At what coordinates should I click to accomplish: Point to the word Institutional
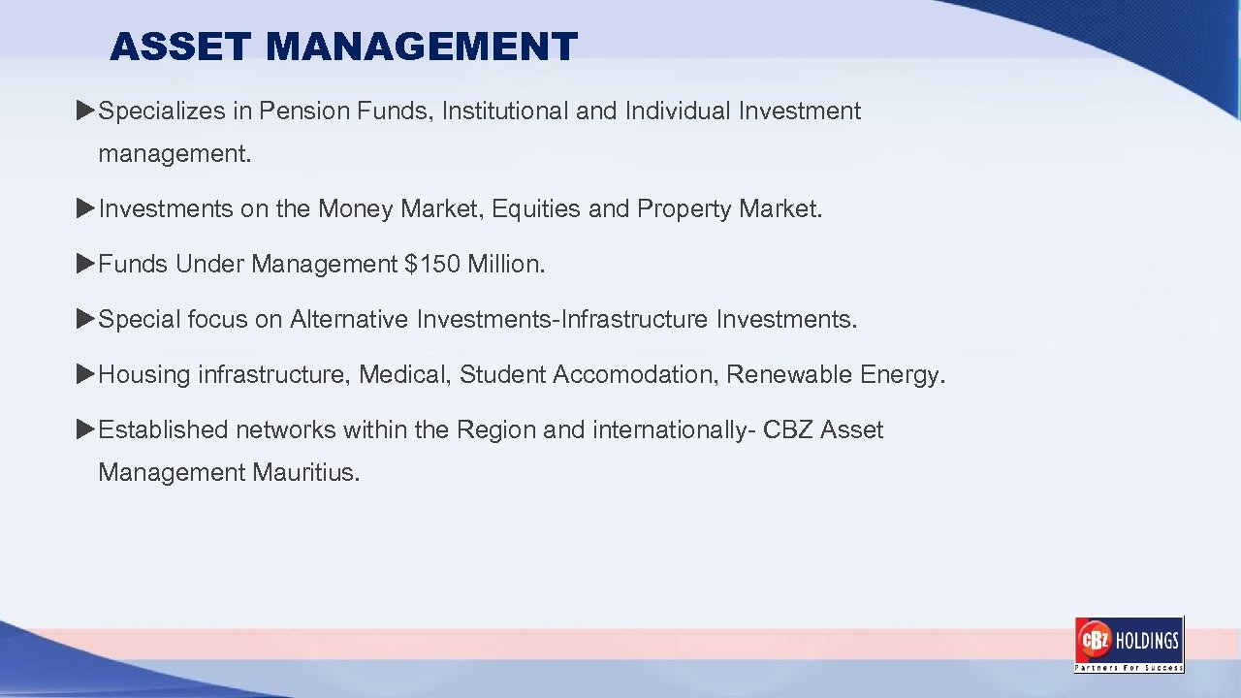click(x=505, y=111)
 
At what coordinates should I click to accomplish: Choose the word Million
click(x=503, y=264)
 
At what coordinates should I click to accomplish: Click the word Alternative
click(x=349, y=319)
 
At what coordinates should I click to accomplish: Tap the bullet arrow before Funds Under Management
click(x=85, y=264)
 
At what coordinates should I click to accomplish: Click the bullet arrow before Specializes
click(x=85, y=111)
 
